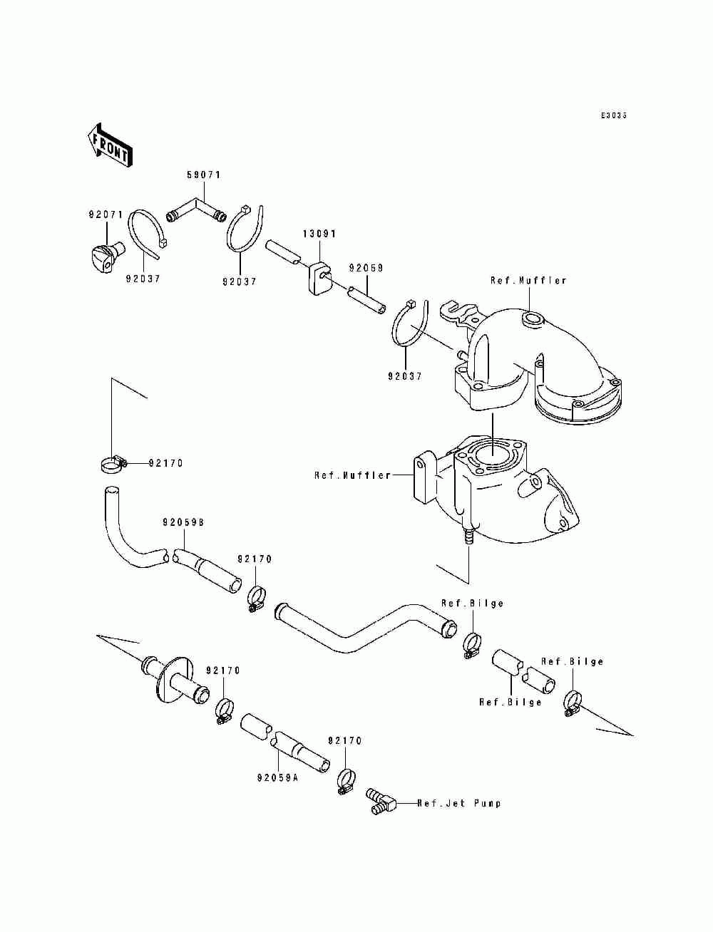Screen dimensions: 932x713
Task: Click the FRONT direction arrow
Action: coord(108,146)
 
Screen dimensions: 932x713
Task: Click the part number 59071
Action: coord(204,175)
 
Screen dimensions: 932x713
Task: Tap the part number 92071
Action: coord(106,214)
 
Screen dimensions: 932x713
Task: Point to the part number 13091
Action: coord(319,234)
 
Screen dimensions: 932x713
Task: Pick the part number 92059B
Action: coord(183,522)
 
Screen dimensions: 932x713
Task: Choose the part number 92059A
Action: coord(276,778)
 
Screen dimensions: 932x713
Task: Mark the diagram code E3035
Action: coord(613,115)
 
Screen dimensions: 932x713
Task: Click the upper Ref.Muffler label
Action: coord(528,281)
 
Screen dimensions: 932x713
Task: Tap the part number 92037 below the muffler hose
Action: coord(405,376)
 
